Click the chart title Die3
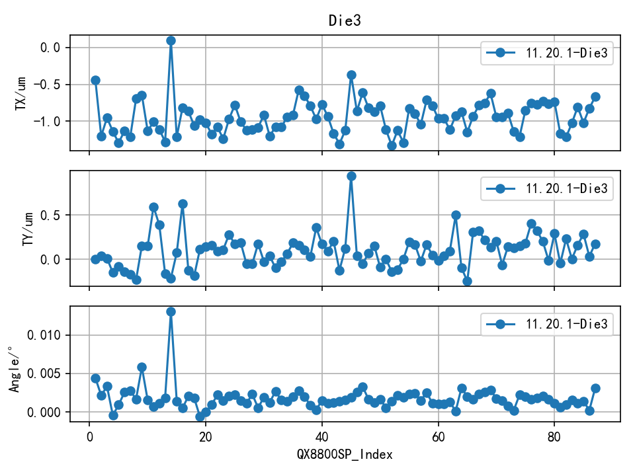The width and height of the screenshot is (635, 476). (345, 20)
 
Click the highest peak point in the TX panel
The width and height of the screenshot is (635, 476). (171, 40)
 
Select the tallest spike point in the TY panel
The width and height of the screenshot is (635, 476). (351, 176)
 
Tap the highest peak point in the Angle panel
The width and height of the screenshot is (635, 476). (171, 311)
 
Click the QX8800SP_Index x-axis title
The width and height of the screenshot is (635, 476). (345, 454)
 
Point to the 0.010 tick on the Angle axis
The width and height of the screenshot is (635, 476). (45, 335)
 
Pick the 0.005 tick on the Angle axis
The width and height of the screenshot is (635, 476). (45, 374)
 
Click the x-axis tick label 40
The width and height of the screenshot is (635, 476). (322, 437)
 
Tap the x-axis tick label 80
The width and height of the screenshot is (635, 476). (555, 437)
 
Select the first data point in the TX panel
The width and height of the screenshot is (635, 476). (95, 80)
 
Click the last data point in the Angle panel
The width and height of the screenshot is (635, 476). (595, 389)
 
